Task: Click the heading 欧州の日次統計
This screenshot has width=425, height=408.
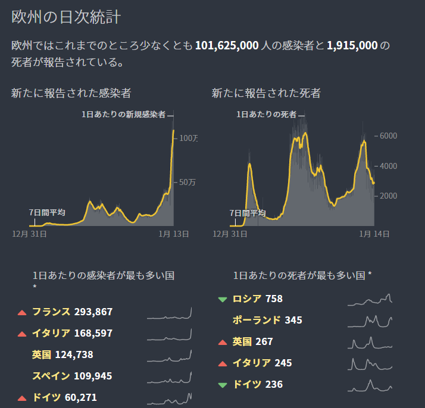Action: click(x=66, y=17)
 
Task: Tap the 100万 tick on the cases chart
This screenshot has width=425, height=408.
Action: click(x=188, y=138)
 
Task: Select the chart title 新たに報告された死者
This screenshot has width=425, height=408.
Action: click(x=266, y=93)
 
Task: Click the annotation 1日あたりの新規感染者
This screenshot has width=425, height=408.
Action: click(x=124, y=114)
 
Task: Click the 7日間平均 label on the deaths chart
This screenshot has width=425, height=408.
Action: click(x=248, y=213)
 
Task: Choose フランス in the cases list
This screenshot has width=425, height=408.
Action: click(x=51, y=312)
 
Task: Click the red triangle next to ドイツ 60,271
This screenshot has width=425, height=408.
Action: click(x=22, y=398)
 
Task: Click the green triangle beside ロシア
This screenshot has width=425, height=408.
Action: click(x=223, y=299)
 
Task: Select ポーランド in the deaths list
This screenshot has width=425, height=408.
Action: click(x=256, y=320)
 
